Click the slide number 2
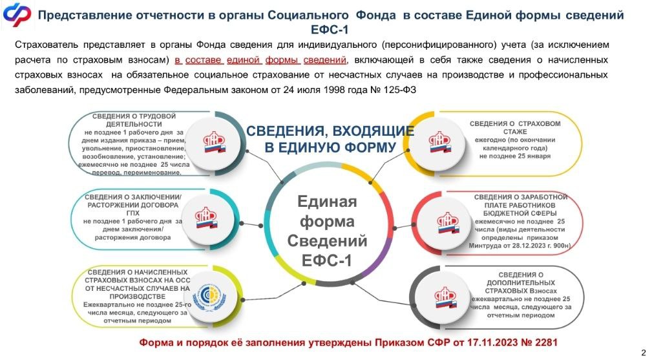(x=644, y=351)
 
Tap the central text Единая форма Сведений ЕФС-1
(x=327, y=231)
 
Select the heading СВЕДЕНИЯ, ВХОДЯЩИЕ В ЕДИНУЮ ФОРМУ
(x=330, y=139)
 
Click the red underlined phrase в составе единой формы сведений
(x=260, y=60)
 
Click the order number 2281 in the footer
(x=545, y=343)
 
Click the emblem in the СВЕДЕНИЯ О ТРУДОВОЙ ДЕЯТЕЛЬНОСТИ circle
(x=214, y=142)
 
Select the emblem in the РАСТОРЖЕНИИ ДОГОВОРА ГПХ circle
(x=207, y=218)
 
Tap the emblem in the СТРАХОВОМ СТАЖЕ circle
(x=440, y=142)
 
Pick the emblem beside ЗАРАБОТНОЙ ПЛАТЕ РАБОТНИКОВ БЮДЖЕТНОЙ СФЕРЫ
(x=448, y=222)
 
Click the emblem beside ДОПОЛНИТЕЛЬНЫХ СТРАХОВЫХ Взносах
(x=445, y=297)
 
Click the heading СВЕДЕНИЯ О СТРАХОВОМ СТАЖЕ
(x=515, y=127)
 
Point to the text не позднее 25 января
(x=515, y=156)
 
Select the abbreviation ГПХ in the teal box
(x=132, y=213)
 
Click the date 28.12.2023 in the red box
(x=532, y=246)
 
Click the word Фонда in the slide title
(x=376, y=16)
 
